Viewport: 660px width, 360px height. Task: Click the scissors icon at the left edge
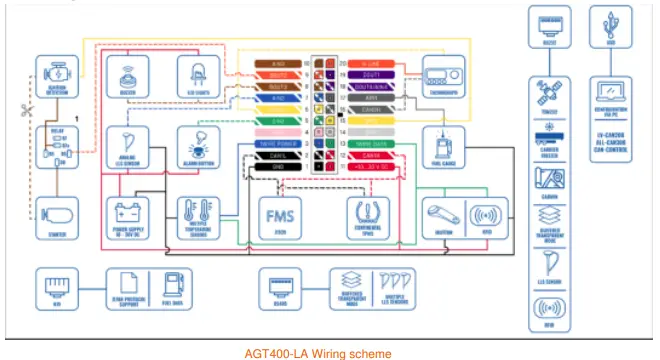point(26,112)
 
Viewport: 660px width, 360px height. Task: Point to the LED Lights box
point(197,76)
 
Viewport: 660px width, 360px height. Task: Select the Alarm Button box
point(197,146)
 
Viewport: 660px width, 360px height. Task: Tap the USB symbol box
point(608,27)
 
